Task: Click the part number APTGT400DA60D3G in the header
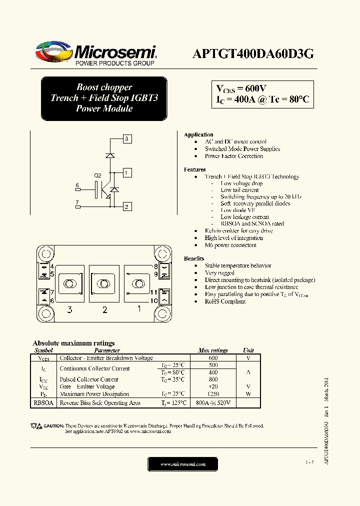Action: pyautogui.click(x=253, y=54)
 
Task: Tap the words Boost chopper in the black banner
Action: pyautogui.click(x=104, y=87)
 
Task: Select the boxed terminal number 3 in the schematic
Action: pyautogui.click(x=127, y=138)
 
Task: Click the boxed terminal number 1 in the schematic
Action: pyautogui.click(x=127, y=173)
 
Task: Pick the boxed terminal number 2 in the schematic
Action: pyautogui.click(x=127, y=206)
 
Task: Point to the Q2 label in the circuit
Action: pyautogui.click(x=97, y=175)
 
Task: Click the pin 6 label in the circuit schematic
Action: pyautogui.click(x=77, y=185)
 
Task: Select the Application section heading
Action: pyautogui.click(x=198, y=135)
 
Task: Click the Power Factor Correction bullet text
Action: pyautogui.click(x=233, y=156)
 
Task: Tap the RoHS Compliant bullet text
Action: pyautogui.click(x=225, y=301)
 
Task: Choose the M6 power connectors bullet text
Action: pyautogui.click(x=230, y=245)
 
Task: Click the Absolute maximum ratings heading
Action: pyautogui.click(x=73, y=343)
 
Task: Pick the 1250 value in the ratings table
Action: pyautogui.click(x=213, y=394)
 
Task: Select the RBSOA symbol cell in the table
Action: pyautogui.click(x=43, y=402)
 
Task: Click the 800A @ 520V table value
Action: pyautogui.click(x=213, y=402)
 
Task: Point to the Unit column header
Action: pyautogui.click(x=248, y=350)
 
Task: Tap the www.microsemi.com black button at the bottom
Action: pyautogui.click(x=182, y=464)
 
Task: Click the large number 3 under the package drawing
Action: pyautogui.click(x=69, y=310)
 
